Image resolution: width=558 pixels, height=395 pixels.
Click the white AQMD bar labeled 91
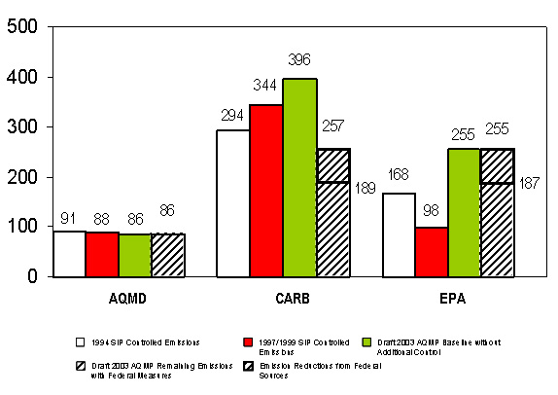click(x=69, y=254)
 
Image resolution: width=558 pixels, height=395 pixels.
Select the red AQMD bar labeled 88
click(x=102, y=254)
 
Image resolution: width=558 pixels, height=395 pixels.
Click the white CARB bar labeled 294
click(x=232, y=203)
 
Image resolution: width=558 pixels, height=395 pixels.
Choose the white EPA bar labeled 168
click(x=399, y=234)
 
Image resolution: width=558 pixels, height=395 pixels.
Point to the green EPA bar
click(x=464, y=213)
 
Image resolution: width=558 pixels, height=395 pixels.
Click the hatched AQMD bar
click(x=168, y=255)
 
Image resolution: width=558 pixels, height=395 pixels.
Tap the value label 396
click(x=298, y=60)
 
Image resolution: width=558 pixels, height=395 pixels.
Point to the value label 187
click(x=530, y=184)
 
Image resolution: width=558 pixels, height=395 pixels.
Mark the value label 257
click(x=332, y=128)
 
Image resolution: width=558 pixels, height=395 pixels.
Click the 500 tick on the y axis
click(x=23, y=26)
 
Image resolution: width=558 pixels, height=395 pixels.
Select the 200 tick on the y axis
click(x=23, y=177)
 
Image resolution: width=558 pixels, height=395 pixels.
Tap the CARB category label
click(x=282, y=299)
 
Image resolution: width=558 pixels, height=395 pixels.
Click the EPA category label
click(x=448, y=299)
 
